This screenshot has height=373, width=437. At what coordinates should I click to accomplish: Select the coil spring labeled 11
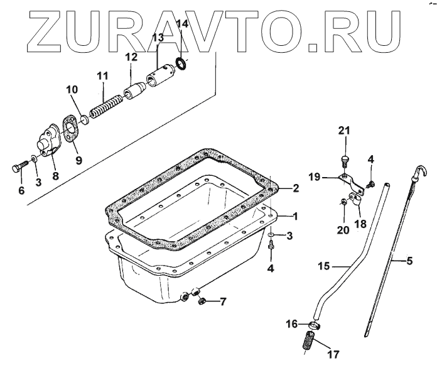[106, 104]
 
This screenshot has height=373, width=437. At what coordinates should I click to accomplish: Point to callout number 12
[130, 57]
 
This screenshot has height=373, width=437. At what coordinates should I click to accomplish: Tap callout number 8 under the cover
[55, 176]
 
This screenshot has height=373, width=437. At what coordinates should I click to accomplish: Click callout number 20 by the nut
[343, 230]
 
